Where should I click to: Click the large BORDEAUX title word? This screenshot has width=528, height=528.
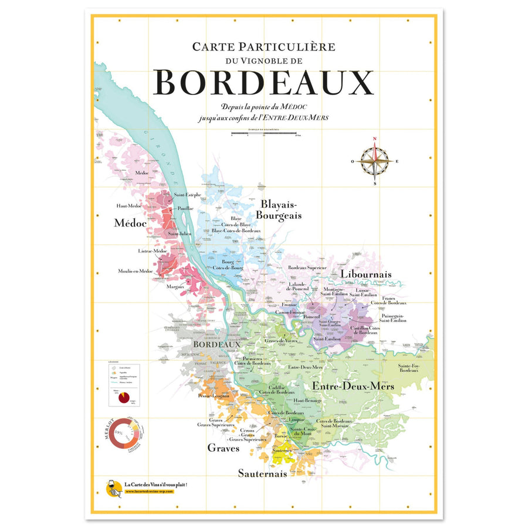point(265,83)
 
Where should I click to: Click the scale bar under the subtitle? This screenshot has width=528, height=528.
point(265,134)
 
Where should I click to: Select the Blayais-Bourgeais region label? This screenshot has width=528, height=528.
point(281,209)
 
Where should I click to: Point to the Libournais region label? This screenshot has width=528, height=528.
point(366,274)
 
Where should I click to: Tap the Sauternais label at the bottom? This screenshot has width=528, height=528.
point(262,473)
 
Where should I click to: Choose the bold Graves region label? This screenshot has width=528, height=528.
point(224,448)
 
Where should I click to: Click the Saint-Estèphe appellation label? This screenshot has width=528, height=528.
point(188,195)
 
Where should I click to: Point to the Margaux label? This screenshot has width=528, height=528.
point(175,287)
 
